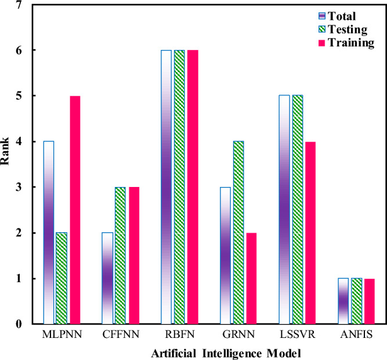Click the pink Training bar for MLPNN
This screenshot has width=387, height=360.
click(x=74, y=210)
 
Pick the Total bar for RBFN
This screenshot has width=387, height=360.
click(x=167, y=187)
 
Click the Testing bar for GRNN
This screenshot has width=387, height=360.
click(x=238, y=232)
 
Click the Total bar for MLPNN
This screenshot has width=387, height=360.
click(x=49, y=232)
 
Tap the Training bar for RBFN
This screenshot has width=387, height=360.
click(x=192, y=187)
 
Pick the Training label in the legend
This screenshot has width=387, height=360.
click(x=350, y=44)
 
